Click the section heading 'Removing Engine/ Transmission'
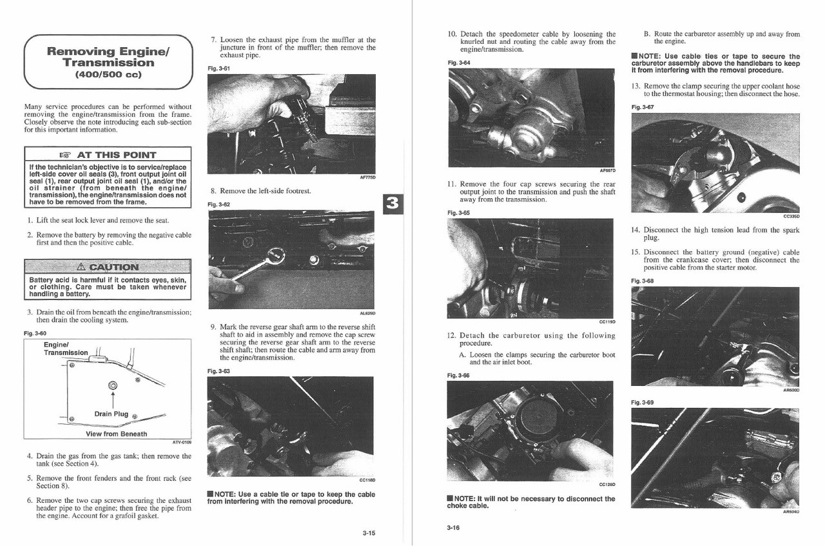[x=108, y=57]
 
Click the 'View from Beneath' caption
[x=116, y=434]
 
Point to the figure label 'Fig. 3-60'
[x=35, y=333]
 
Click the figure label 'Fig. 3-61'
[x=218, y=68]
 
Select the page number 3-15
[x=369, y=532]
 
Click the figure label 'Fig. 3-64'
[x=458, y=62]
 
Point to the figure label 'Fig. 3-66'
[x=458, y=375]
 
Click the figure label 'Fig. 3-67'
[x=643, y=107]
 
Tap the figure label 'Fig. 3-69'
[x=643, y=402]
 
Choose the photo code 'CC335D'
[x=791, y=216]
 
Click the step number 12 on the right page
[x=452, y=336]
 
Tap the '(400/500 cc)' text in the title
[x=108, y=74]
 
